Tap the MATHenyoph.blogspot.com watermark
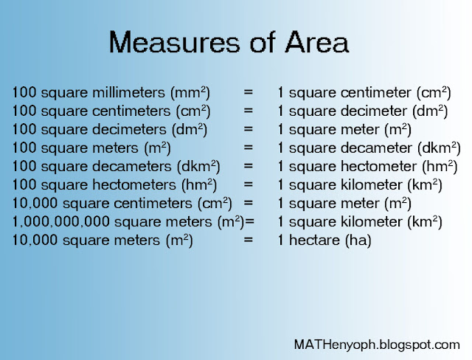376,344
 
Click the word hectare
313,240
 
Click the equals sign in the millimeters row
248,93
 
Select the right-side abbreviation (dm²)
431,111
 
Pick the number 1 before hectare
281,240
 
